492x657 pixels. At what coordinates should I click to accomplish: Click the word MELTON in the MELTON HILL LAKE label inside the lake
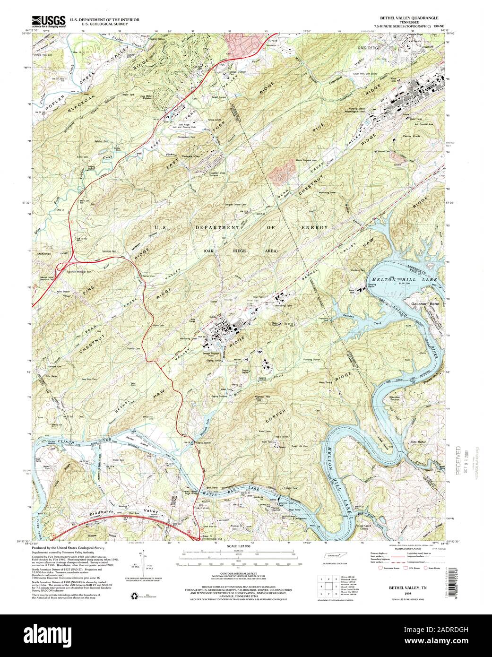click(383, 280)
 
